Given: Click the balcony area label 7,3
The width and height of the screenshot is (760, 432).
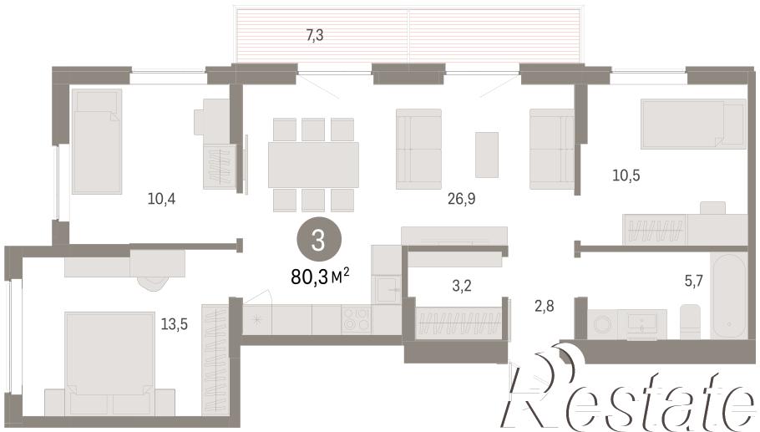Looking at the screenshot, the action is pos(315,35).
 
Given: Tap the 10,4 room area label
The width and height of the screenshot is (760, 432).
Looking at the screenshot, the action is pos(161,198).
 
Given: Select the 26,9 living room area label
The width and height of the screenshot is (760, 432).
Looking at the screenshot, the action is pos(461,198).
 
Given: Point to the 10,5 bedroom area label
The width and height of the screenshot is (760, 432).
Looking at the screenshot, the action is pos(626,175).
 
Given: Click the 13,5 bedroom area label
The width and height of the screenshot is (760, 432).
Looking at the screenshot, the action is pos(174,324).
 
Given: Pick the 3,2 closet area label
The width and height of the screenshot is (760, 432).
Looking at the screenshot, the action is pos(461,286).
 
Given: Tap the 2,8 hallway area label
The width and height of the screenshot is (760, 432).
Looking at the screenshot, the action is pos(544,306).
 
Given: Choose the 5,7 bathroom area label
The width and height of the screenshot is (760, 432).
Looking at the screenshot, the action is pos(693,280).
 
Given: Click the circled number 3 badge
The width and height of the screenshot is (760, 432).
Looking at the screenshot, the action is pos(318,240).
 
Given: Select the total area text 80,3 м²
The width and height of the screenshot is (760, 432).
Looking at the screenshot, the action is pos(320,277).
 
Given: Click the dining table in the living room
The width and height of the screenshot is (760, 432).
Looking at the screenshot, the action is pos(313,165).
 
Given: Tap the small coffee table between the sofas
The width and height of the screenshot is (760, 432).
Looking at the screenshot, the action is pos(487,155).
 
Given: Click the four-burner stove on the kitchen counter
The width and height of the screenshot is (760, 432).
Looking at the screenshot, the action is pos(357,320).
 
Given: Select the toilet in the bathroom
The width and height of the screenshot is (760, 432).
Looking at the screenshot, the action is pos(690,322).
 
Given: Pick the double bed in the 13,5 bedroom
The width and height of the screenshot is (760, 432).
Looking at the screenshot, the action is pos(109,363).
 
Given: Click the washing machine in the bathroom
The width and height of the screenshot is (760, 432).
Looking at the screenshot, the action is pos(602,323).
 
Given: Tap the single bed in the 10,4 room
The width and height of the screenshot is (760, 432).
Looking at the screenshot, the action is pos(96,141).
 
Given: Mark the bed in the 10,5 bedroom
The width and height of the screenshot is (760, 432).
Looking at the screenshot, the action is pos(693,124).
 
